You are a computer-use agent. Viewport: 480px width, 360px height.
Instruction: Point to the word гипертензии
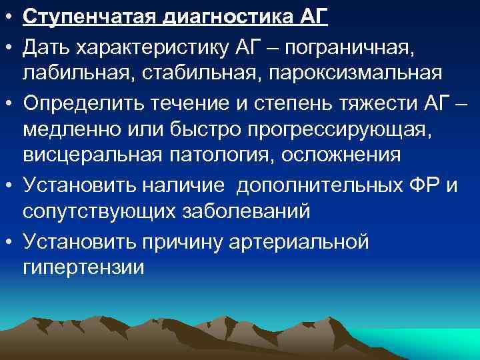pyautogui.click(x=83, y=268)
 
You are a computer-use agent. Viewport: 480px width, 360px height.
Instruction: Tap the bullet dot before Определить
pyautogui.click(x=8, y=102)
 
